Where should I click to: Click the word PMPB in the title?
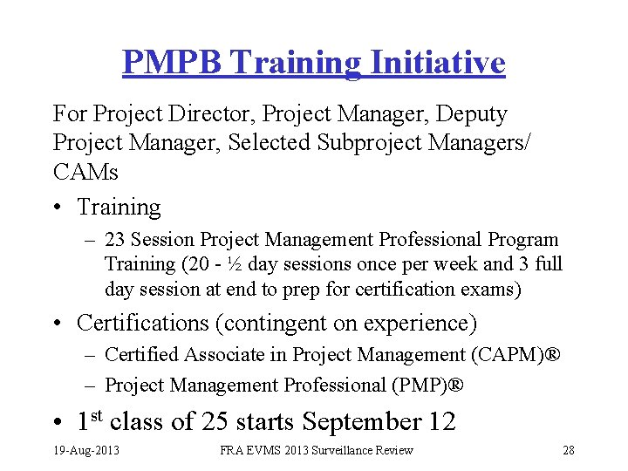(x=171, y=63)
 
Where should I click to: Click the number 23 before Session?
(x=116, y=240)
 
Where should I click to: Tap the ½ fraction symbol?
(x=232, y=264)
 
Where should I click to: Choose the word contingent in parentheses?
(x=270, y=324)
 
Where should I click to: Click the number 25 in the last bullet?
(x=215, y=422)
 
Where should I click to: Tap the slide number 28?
(x=569, y=450)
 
